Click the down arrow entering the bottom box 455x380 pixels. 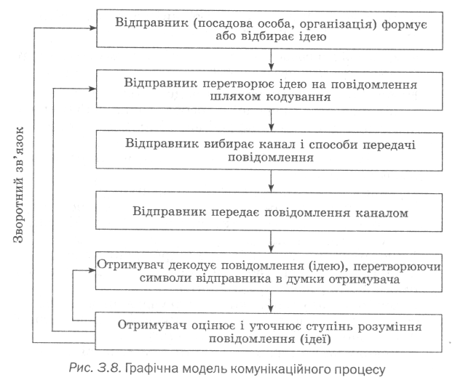coord(271,303)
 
